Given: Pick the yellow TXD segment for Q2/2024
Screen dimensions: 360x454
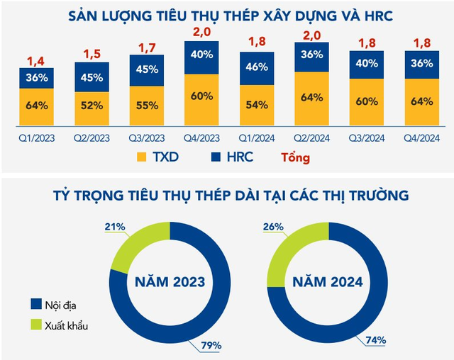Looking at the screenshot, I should coord(311,97).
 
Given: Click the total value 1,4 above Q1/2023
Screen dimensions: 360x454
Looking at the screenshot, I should coord(37,60).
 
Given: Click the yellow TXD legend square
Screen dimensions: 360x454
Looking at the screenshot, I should coord(142,157).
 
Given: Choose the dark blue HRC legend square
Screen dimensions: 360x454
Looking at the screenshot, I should coord(213,157).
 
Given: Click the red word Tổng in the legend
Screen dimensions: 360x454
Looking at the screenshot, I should coord(295,157).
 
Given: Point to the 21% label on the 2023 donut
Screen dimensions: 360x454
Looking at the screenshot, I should coord(115,226).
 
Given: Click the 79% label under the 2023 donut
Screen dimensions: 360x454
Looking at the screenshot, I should coord(211,345).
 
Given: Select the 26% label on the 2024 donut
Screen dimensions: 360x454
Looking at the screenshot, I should coord(272,227).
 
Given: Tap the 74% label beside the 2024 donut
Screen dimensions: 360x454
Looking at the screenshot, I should coord(375,340).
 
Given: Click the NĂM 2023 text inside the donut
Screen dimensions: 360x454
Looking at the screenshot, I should coord(170,281).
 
